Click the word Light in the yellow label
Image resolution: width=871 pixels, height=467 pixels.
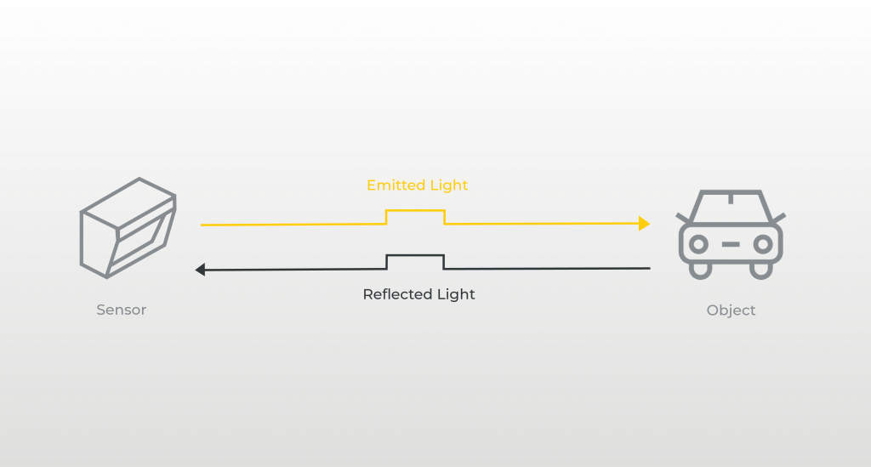coord(448,185)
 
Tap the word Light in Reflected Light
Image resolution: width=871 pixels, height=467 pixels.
coord(455,294)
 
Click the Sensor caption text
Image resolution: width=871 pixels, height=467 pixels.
coord(121,310)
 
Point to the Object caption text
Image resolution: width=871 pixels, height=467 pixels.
coord(731,310)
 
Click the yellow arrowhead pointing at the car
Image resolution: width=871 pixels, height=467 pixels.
coord(644,224)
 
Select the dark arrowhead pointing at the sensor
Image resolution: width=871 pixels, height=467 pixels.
coord(201,270)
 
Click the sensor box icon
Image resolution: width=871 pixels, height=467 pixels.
coord(127,227)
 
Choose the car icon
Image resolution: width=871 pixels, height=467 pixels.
coord(730,233)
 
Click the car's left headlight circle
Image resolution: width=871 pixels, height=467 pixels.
coord(699,244)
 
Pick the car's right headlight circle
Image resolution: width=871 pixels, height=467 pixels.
coord(763,244)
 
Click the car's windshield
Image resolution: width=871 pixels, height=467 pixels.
coord(731,207)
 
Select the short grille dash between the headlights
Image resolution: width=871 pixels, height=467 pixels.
coord(731,244)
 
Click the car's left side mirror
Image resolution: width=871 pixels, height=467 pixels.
coord(683,218)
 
